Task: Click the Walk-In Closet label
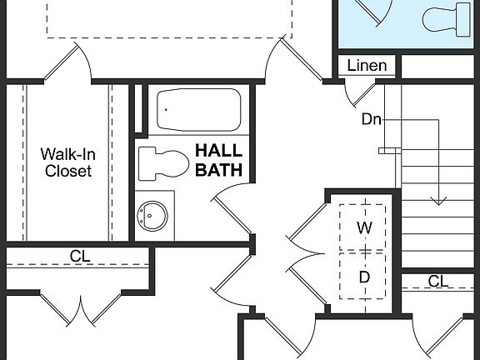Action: coord(68,162)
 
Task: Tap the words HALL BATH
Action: coord(218,160)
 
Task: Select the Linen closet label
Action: coord(367,66)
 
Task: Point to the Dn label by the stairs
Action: coord(372,119)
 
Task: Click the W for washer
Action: coord(364,227)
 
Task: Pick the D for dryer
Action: coord(364,276)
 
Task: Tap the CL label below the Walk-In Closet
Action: coord(80,255)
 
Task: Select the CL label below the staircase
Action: coord(438,282)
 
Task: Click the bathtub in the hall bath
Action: coord(198,108)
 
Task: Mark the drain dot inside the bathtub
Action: coord(166,108)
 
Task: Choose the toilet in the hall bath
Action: coord(163,162)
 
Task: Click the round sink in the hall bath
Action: coord(152,215)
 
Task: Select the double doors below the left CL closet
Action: coord(80,310)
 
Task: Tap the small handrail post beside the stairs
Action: coord(385,151)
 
